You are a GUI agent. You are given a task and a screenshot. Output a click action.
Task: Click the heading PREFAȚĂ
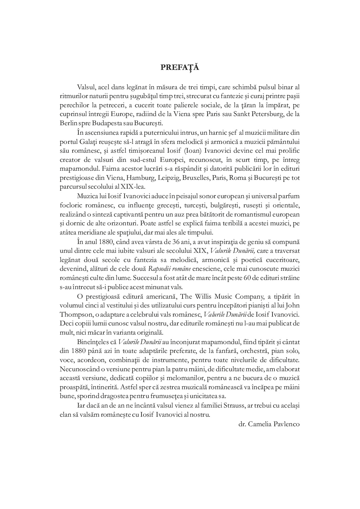click(180, 67)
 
